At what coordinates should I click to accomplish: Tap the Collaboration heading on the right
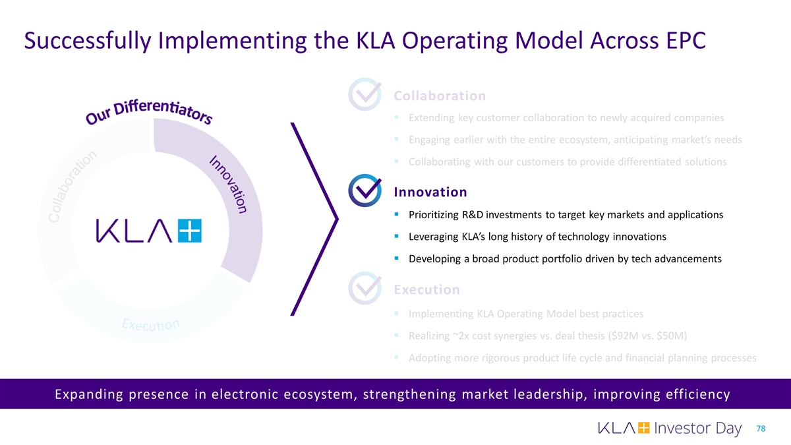(440, 96)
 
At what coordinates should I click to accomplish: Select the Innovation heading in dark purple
(430, 192)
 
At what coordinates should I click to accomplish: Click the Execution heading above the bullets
(426, 289)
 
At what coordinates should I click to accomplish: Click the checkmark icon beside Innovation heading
(365, 192)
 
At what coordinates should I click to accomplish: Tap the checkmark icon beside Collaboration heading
(365, 96)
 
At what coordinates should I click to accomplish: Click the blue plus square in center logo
(190, 231)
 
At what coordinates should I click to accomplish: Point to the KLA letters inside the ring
(136, 231)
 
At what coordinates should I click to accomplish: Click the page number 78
(761, 429)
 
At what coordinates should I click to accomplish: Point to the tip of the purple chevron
(337, 219)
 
